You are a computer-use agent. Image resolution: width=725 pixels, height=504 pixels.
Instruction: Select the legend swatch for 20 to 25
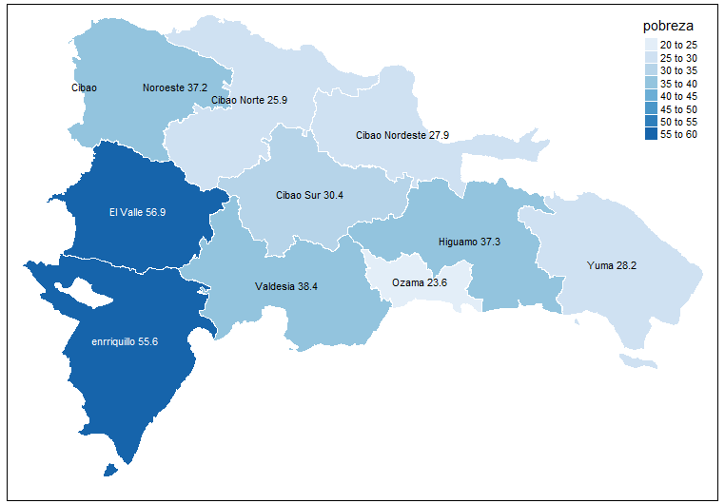pos(650,45)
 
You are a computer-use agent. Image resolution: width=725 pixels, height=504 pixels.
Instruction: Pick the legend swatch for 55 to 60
pos(650,134)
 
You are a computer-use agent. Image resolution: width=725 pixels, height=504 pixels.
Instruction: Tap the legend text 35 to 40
pos(678,84)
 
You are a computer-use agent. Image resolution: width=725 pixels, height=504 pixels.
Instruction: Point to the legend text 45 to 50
pos(678,109)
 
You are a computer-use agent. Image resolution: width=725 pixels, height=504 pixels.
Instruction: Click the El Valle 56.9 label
pos(137,212)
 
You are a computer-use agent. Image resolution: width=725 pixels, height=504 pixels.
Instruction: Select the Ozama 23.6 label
pos(420,282)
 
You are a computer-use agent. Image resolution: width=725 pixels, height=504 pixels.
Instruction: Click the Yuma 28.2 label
pos(613,265)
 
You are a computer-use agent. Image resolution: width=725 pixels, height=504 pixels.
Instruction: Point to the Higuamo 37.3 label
pos(469,242)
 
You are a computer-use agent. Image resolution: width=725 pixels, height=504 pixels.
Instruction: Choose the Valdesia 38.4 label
pos(286,285)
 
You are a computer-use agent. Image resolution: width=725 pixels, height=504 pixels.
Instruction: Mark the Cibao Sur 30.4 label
pos(309,195)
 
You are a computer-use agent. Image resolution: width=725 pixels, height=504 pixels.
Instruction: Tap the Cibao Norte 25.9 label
pos(249,99)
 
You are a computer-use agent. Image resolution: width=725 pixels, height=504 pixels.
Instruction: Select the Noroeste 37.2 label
pos(175,87)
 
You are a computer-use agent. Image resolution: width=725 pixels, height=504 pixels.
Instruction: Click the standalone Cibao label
pos(84,87)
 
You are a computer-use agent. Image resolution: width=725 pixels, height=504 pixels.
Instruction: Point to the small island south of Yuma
pos(632,360)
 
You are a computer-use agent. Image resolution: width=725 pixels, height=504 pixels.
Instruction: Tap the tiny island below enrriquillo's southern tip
pos(111,469)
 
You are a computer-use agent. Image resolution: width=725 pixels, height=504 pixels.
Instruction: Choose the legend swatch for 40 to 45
pos(650,96)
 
